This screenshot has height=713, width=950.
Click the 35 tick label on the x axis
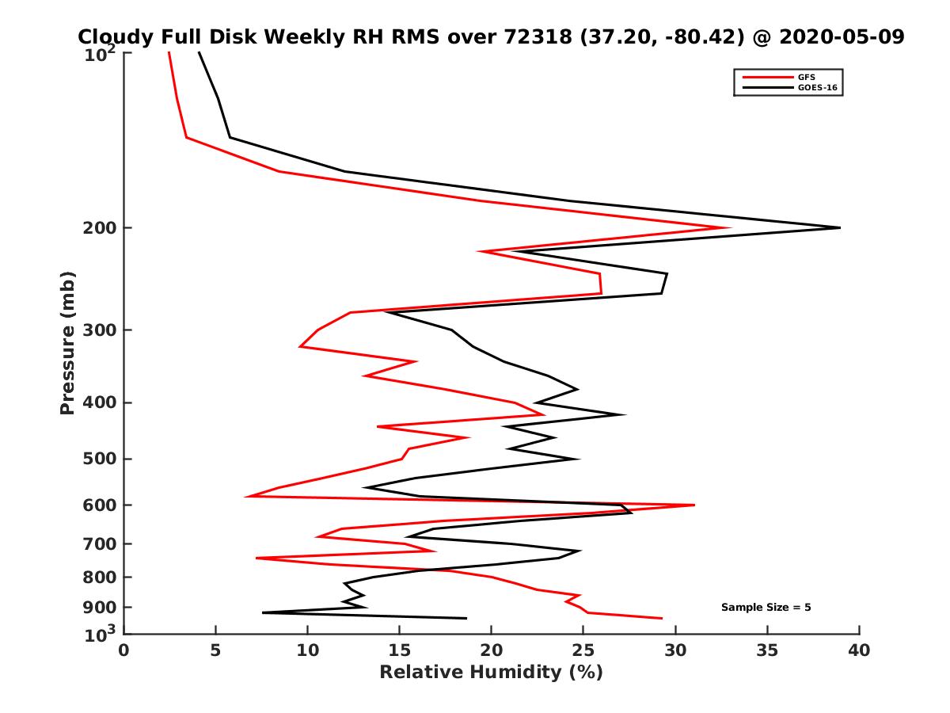pyautogui.click(x=767, y=650)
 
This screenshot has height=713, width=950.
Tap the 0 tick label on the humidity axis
pyautogui.click(x=124, y=650)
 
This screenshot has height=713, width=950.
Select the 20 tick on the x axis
pyautogui.click(x=492, y=650)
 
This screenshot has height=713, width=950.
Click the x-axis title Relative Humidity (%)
pyautogui.click(x=491, y=673)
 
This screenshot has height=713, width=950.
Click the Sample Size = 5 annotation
pyautogui.click(x=766, y=608)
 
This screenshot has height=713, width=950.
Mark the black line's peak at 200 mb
pyautogui.click(x=839, y=228)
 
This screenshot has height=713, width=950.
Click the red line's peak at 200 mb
pyautogui.click(x=729, y=228)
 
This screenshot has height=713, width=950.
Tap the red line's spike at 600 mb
pyautogui.click(x=693, y=505)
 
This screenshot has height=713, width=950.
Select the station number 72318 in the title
pyautogui.click(x=532, y=37)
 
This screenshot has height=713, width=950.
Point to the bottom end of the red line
pyautogui.click(x=661, y=618)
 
